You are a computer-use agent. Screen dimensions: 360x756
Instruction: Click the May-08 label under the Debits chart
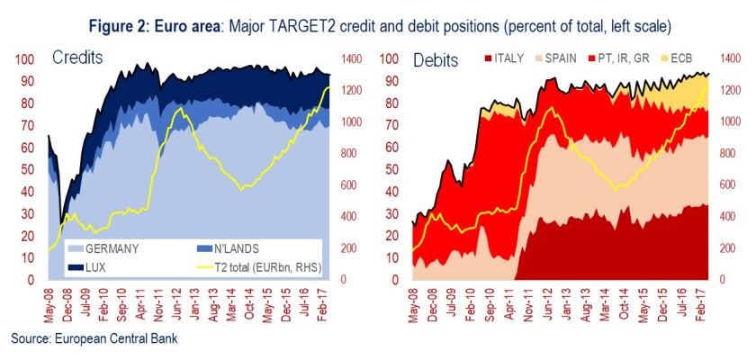(413, 306)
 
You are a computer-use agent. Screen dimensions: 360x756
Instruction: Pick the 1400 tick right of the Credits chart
(352, 59)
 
